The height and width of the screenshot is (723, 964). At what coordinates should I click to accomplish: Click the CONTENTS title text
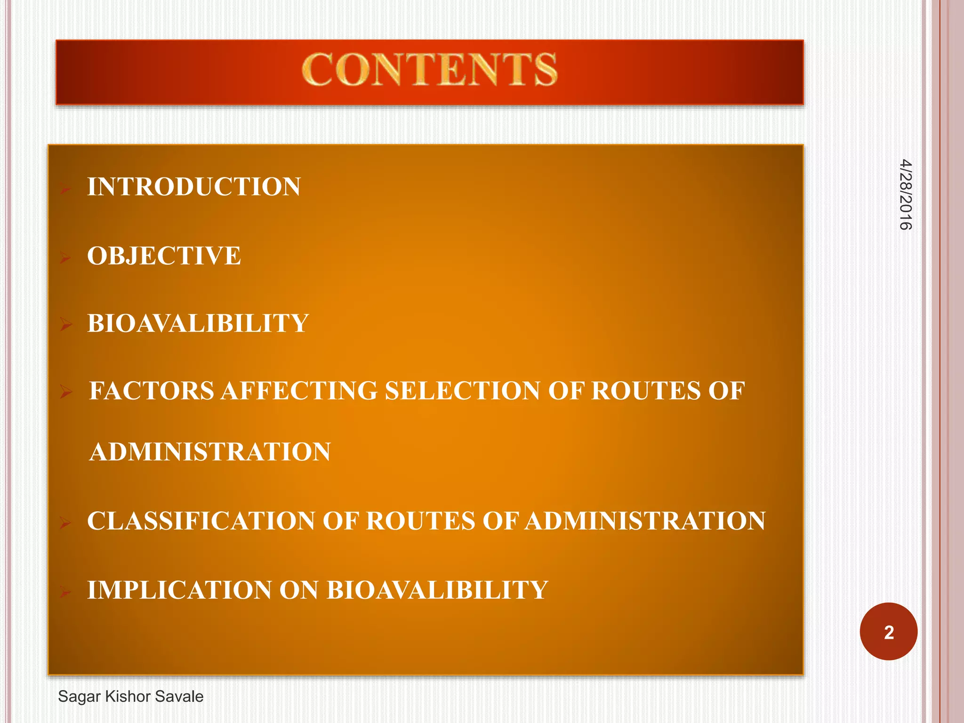[429, 70]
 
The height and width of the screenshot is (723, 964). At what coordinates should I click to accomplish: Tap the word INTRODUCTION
[194, 187]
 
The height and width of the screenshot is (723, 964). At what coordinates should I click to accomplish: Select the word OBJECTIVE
[164, 256]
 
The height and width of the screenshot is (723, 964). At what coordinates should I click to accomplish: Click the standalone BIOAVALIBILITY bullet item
[198, 324]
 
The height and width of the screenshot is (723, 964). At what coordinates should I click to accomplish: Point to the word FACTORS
[152, 391]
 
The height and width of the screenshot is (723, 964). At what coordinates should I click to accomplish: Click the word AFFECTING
[299, 391]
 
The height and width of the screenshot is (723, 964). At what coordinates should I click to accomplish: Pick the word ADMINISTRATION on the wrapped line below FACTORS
[210, 452]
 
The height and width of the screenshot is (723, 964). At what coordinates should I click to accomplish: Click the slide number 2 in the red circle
[889, 632]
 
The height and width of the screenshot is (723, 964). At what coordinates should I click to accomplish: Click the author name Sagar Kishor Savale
[131, 697]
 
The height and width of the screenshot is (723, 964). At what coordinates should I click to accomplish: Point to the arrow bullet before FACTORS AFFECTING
[66, 392]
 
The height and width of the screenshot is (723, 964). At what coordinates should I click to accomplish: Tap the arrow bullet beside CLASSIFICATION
[65, 523]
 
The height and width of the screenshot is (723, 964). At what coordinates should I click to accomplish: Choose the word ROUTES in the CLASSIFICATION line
[421, 522]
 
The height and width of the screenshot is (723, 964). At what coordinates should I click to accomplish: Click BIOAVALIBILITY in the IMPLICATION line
[437, 590]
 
